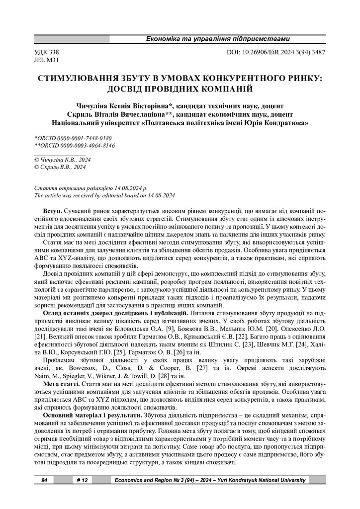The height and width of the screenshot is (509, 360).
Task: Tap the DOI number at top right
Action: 275,52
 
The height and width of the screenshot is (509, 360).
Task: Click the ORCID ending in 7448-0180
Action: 73,138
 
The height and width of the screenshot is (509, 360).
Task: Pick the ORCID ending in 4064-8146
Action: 74,145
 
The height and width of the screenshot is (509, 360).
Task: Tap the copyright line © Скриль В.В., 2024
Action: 60,168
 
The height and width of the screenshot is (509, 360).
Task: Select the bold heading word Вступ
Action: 53,212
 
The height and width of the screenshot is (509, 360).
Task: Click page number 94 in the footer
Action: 44,480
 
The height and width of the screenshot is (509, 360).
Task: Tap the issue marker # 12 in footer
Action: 83,480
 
